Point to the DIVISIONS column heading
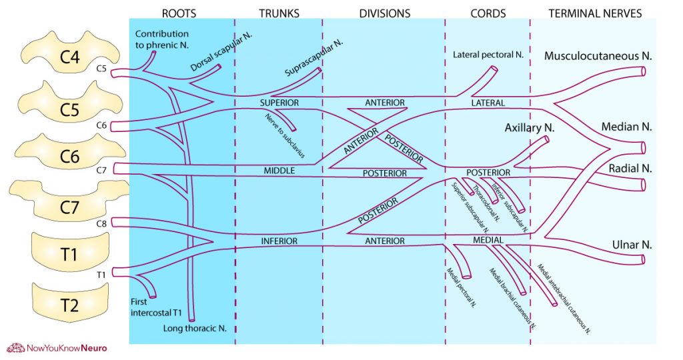click(384, 13)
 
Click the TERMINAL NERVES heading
click(595, 13)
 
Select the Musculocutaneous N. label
click(598, 56)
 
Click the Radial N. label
click(627, 167)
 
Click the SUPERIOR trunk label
click(279, 103)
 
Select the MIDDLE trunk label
click(279, 171)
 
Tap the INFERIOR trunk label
click(279, 241)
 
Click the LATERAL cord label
click(488, 103)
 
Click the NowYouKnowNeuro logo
click(57, 347)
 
